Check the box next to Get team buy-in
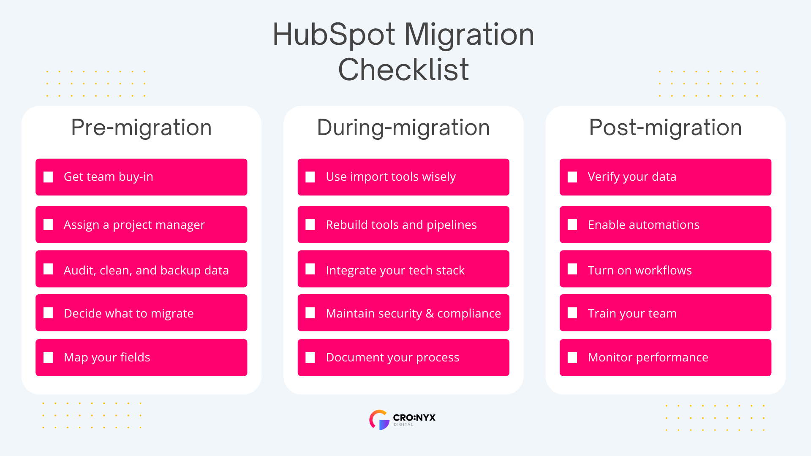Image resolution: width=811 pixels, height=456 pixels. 48,177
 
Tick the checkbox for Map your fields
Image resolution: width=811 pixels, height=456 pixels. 48,358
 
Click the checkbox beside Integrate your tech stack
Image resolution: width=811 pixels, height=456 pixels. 310,269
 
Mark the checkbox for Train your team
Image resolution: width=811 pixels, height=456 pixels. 572,313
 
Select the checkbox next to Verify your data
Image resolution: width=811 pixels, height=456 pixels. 572,177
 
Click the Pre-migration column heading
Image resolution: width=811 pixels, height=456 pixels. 141,128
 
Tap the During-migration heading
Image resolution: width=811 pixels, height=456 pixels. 403,128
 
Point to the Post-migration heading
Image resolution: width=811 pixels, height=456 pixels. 665,128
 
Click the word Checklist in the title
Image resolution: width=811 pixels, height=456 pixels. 403,70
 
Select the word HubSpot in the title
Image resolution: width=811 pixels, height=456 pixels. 334,35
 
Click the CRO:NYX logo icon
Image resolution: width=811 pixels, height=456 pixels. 379,420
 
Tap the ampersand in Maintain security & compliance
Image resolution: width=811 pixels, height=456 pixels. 430,313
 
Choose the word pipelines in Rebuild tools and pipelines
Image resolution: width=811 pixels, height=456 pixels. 452,225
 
